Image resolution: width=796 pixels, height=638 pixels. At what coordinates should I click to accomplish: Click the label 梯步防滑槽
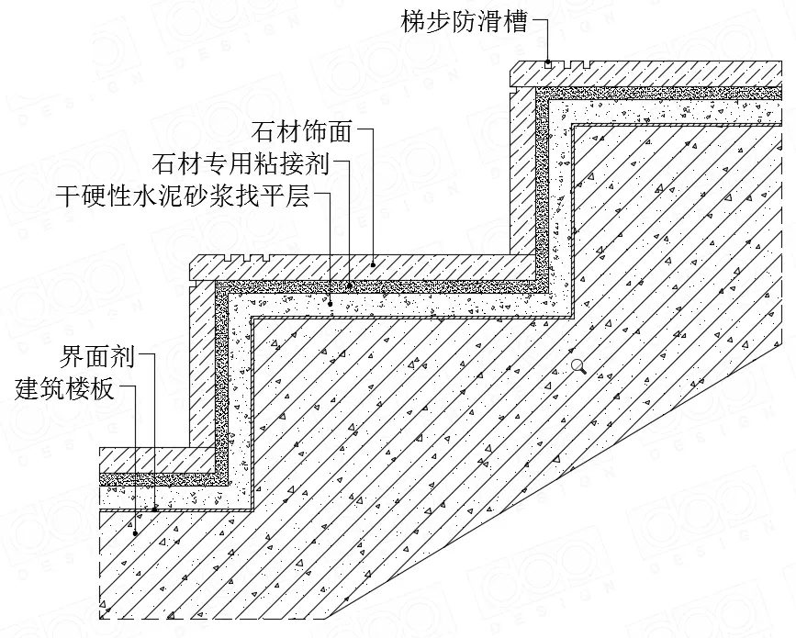[x=465, y=23]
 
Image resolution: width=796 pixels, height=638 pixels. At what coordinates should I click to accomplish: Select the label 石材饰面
[x=302, y=132]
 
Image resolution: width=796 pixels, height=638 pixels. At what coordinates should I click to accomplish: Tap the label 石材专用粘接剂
[x=241, y=164]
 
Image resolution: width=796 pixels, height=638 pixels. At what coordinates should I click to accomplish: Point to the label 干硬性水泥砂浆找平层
[x=183, y=196]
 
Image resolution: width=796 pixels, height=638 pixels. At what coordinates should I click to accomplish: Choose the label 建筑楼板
[x=65, y=389]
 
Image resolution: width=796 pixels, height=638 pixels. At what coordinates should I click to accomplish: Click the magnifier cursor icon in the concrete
[x=578, y=366]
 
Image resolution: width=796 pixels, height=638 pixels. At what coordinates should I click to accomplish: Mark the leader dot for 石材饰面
[x=373, y=264]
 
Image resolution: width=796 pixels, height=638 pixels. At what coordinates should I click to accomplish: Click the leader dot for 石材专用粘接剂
[x=349, y=285]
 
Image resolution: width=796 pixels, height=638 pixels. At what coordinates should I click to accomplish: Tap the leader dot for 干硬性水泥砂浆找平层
[x=331, y=304]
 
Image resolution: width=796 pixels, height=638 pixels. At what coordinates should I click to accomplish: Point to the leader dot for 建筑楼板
[x=136, y=533]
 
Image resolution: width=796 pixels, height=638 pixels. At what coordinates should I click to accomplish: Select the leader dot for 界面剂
[x=155, y=508]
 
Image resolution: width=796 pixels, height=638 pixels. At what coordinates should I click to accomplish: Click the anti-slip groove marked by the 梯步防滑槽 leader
[x=548, y=65]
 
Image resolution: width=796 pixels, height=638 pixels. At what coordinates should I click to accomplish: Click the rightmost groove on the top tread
[x=587, y=65]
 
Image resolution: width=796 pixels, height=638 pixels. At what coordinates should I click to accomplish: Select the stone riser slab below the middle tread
[x=202, y=364]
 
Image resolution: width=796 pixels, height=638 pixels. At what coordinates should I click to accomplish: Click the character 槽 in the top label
[x=516, y=23]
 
